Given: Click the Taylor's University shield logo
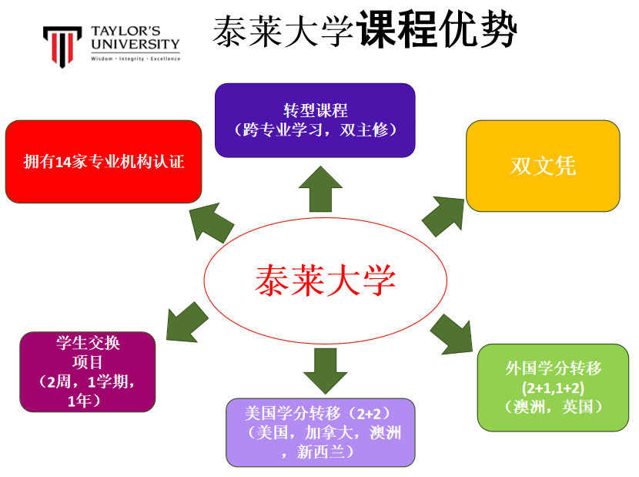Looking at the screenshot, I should tap(62, 46).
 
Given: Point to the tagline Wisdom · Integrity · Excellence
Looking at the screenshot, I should tap(135, 59).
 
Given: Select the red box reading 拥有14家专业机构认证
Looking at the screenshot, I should tap(103, 161).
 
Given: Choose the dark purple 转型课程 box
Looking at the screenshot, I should tap(315, 120).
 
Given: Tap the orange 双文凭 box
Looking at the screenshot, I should tap(543, 166).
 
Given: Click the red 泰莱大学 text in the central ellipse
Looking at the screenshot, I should tap(325, 280).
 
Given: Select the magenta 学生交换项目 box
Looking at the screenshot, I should tap(88, 371).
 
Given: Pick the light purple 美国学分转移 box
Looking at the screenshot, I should tap(320, 432).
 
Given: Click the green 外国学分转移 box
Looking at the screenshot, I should tap(554, 387).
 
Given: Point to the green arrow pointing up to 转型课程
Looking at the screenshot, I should tap(320, 188).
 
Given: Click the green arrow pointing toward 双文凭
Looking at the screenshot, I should tap(444, 215).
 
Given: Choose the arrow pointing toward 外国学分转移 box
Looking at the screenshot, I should tap(452, 334).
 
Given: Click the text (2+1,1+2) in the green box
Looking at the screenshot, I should tap(553, 387).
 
